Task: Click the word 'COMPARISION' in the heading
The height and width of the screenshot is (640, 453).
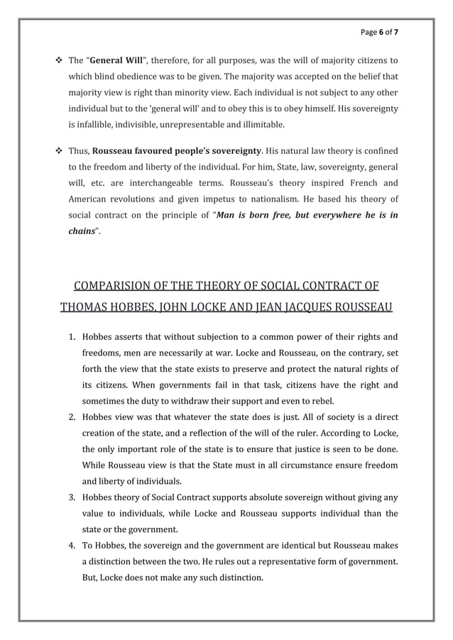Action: (115, 287)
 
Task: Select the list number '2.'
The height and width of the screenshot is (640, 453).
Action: (72, 416)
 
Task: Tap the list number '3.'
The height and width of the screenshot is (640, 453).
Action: (72, 497)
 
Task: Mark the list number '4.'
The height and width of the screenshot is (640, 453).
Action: (72, 546)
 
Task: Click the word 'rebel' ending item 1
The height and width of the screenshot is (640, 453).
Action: (320, 400)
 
